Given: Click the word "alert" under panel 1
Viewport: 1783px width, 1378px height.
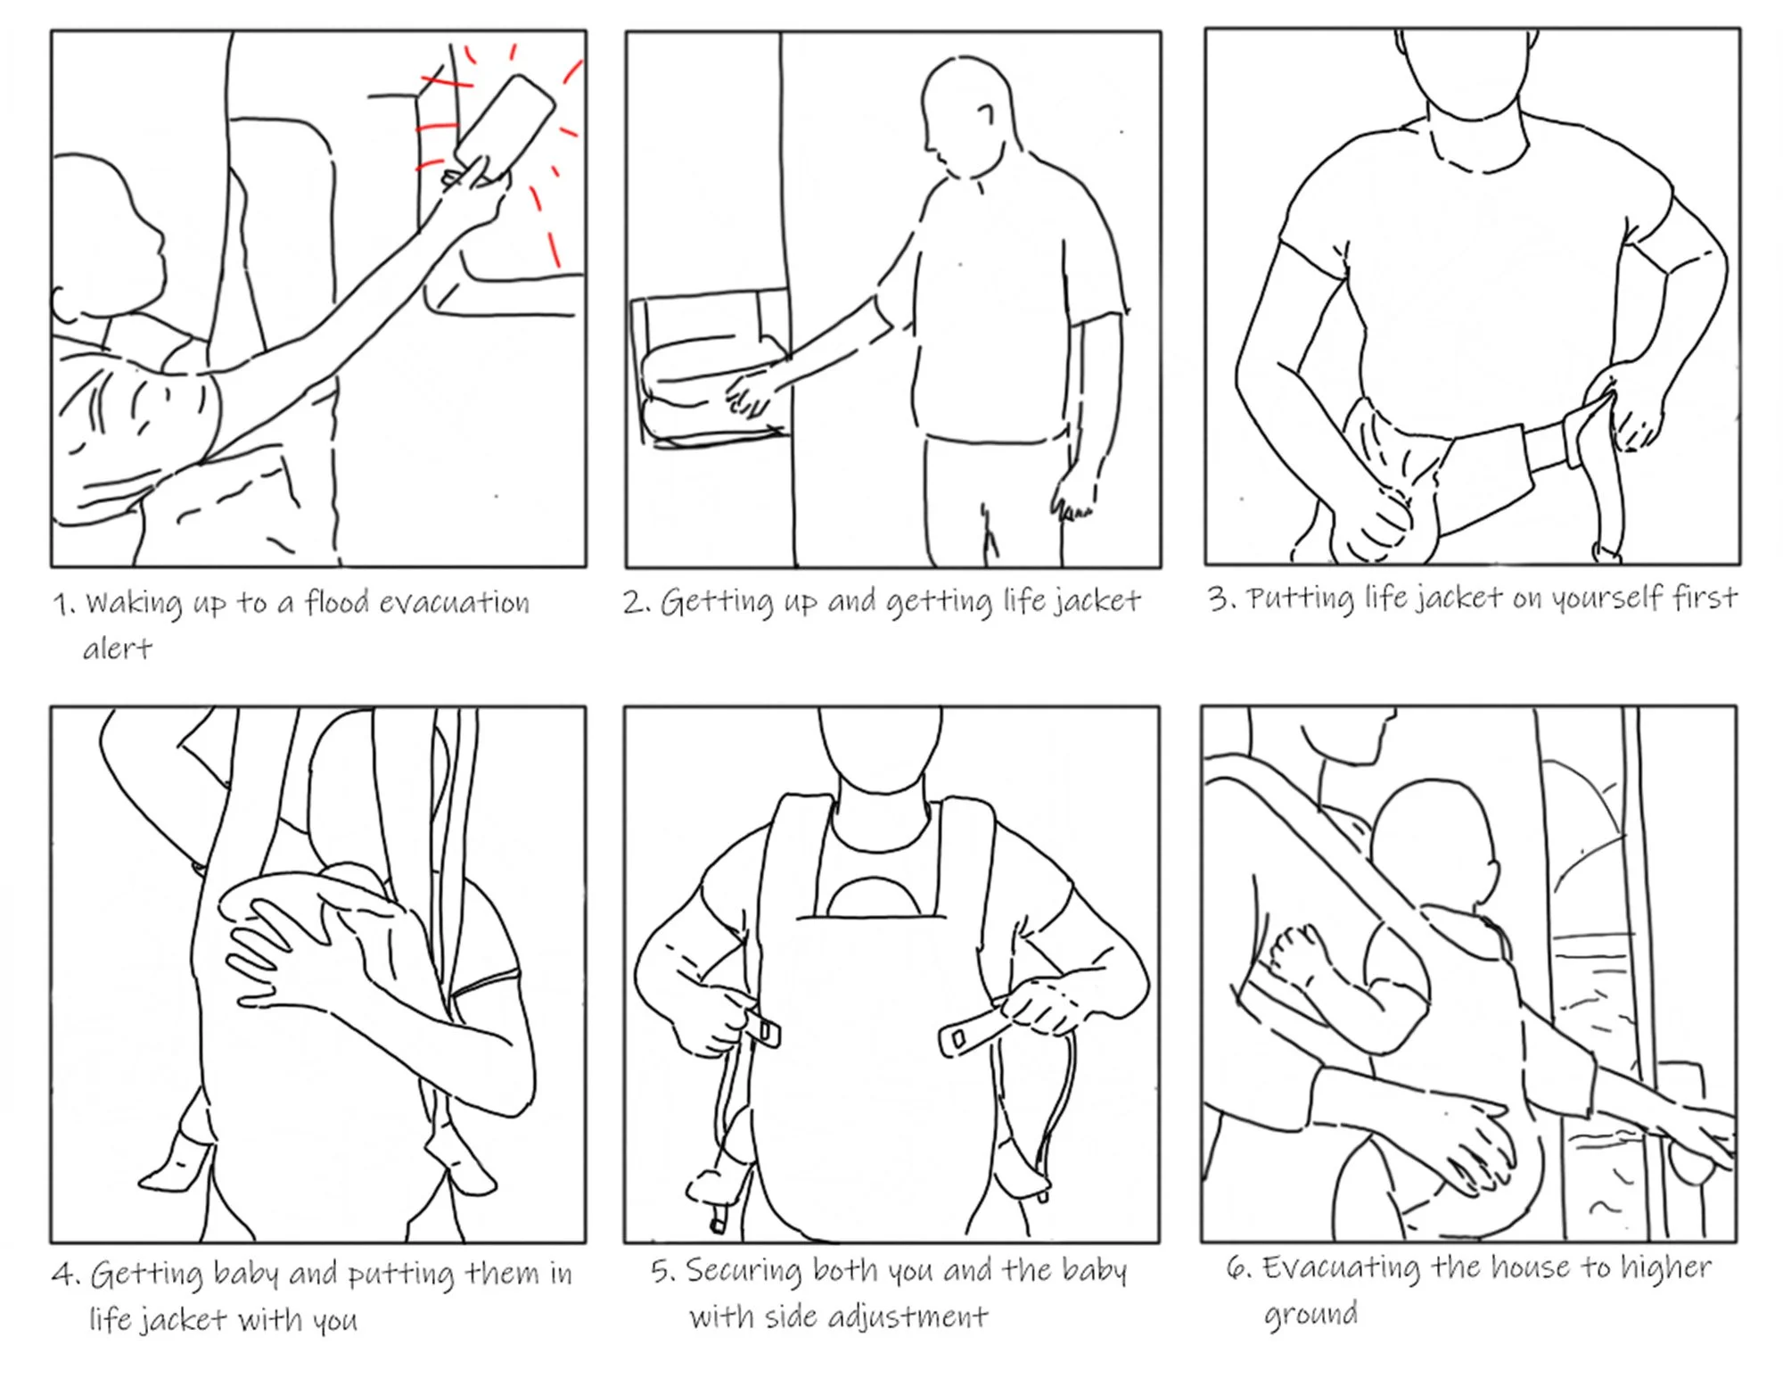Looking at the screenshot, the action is point(118,648).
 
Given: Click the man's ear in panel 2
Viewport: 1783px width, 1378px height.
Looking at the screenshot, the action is point(986,113).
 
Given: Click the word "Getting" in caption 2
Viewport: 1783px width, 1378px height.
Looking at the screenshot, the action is point(717,602).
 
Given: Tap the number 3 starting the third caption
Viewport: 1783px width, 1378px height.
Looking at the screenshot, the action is point(1219,598).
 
